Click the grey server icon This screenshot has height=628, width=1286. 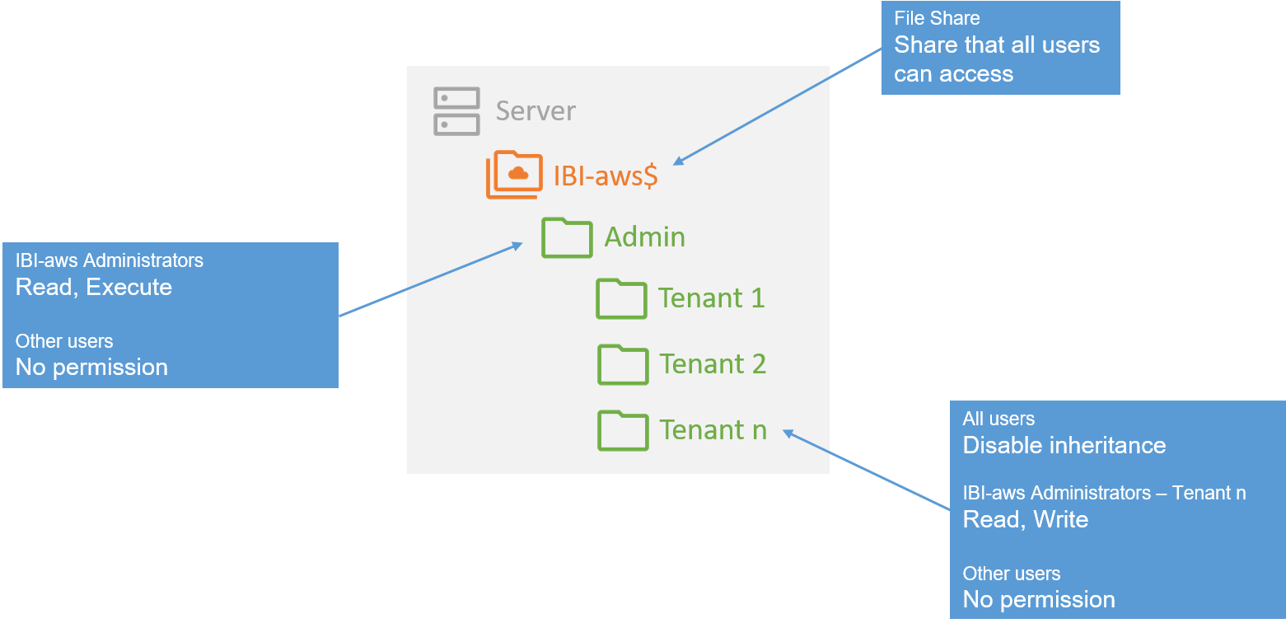[x=456, y=111]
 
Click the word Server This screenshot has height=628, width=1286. [x=535, y=111]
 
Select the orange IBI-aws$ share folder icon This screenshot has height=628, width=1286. [x=514, y=175]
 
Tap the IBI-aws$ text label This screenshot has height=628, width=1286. [x=606, y=176]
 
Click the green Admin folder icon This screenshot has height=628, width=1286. [x=567, y=237]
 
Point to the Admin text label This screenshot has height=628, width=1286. [x=644, y=237]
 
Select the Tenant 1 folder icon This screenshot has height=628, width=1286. [x=621, y=299]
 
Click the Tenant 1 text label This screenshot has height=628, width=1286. [x=711, y=298]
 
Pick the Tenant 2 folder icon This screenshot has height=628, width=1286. [x=623, y=364]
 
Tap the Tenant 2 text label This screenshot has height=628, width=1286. [x=713, y=364]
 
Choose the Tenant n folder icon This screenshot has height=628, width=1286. [x=623, y=430]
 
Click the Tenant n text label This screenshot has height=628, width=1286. [x=713, y=430]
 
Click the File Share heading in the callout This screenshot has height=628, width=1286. [x=937, y=18]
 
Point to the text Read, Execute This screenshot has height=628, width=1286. [x=94, y=288]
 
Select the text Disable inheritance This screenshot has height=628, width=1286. [x=1064, y=446]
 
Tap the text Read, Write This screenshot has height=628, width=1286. [x=1026, y=520]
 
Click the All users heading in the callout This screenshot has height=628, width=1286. [x=998, y=419]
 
